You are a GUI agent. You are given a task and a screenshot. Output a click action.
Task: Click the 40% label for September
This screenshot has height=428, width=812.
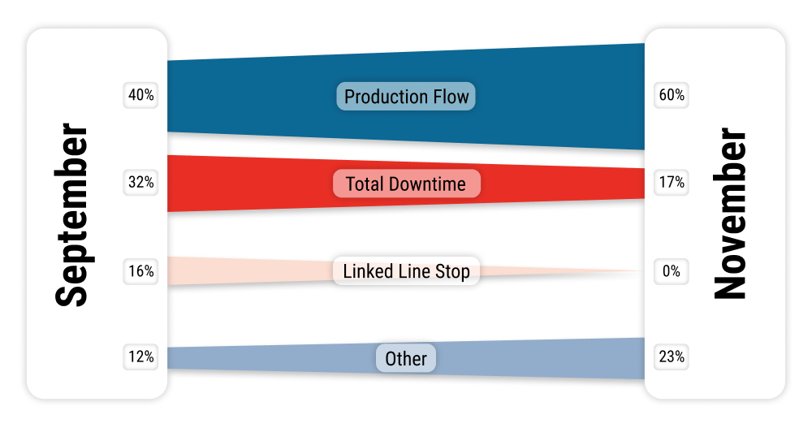[x=140, y=95]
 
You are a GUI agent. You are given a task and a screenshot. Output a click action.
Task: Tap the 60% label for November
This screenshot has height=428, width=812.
[x=672, y=95]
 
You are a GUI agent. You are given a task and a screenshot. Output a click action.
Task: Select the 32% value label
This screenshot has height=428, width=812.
[x=140, y=183]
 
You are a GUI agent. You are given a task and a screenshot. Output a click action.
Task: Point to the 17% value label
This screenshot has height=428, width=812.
[x=672, y=183]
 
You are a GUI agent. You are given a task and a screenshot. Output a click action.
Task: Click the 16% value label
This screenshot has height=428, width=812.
[x=140, y=271]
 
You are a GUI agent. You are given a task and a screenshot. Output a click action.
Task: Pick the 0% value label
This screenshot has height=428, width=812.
[x=672, y=271]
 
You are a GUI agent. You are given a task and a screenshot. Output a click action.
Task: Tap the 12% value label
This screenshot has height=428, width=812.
[x=140, y=357]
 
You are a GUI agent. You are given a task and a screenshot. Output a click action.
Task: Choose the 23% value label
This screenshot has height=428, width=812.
[x=672, y=357]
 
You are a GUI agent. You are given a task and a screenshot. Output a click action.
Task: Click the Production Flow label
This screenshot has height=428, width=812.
[x=406, y=97]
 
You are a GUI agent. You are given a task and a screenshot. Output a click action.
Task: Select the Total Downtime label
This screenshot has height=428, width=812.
[x=406, y=184]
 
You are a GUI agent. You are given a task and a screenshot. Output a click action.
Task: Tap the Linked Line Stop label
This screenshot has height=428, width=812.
[x=406, y=271]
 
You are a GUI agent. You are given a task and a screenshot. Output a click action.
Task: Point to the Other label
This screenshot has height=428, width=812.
[x=406, y=358]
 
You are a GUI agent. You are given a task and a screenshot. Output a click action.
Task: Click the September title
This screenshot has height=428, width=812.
[x=72, y=214]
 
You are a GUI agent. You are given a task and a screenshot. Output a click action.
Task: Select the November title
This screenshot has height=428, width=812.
[x=730, y=214]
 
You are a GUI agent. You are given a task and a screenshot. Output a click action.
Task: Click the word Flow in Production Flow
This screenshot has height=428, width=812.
[x=452, y=97]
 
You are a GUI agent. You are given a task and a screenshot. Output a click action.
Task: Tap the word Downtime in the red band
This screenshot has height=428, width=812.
[x=427, y=184]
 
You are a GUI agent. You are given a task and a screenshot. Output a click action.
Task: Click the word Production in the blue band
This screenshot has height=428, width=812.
[x=387, y=97]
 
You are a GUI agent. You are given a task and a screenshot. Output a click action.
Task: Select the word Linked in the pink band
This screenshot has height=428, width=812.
[x=361, y=271]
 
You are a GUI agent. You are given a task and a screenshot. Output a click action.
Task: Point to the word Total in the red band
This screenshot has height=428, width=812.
[x=365, y=184]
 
